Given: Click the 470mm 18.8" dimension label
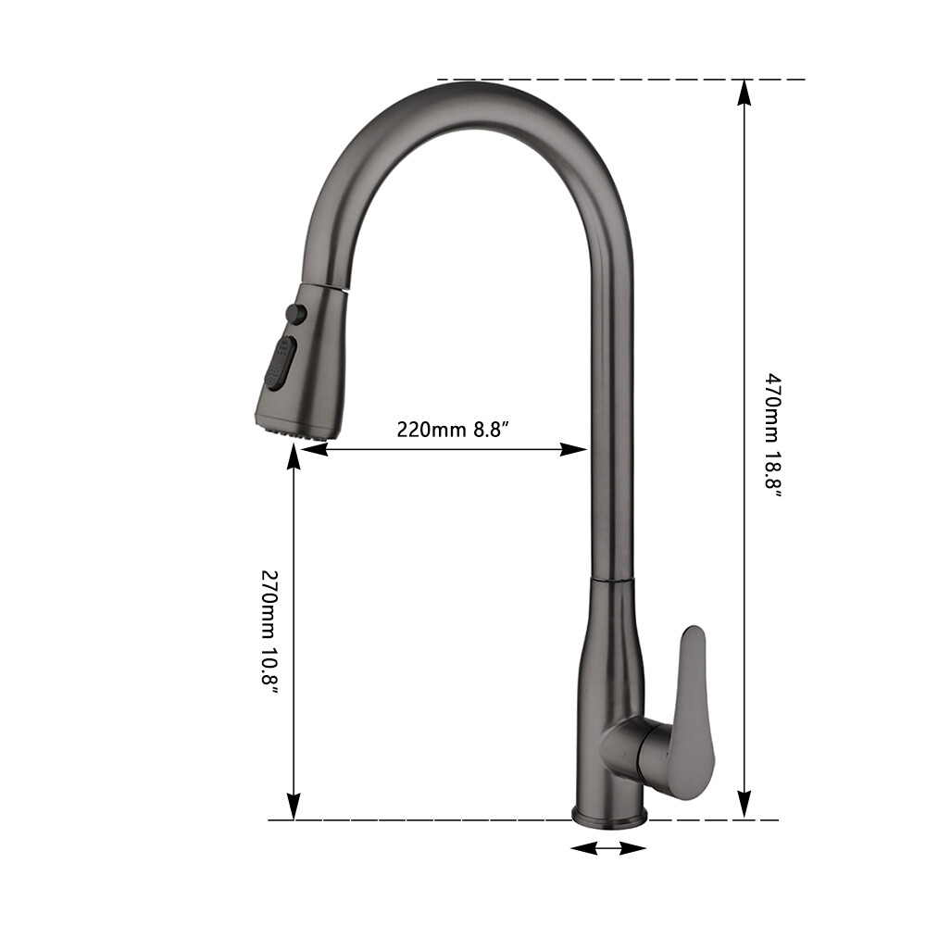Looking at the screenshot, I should (772, 434).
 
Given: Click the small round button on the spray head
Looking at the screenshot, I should (296, 314).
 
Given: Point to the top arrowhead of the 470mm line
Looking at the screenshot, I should (744, 91).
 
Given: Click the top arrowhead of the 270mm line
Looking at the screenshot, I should (294, 456).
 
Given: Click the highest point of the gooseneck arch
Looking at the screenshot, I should (482, 83).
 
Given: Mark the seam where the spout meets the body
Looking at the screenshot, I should (611, 576).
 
